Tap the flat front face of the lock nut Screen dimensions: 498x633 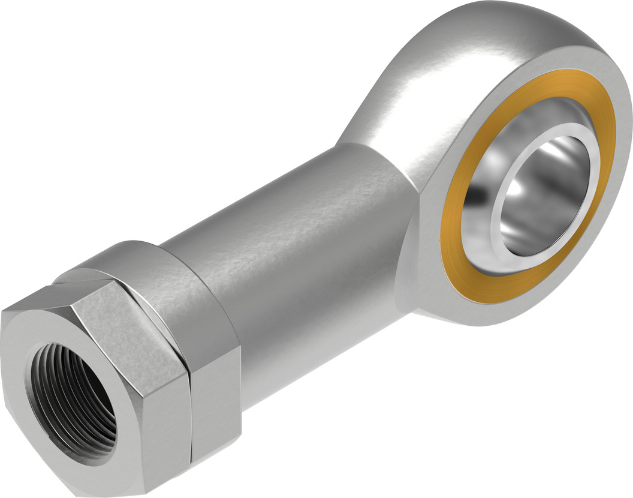tap(36, 336)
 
